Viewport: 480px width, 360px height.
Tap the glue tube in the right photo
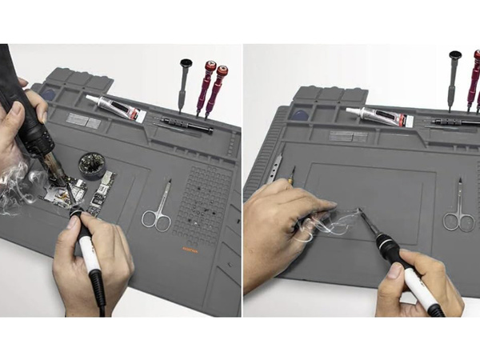click(377, 116)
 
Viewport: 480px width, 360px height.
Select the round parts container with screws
click(92, 165)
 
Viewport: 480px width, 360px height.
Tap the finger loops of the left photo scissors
click(154, 218)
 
